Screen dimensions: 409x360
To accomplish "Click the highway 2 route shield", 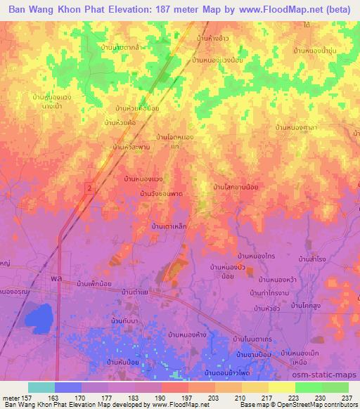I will point(89,187).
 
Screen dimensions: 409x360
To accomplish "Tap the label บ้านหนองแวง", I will point(143,179).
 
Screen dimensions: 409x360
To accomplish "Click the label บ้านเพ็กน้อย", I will point(96,284).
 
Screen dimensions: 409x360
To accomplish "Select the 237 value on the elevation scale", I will point(347,396).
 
